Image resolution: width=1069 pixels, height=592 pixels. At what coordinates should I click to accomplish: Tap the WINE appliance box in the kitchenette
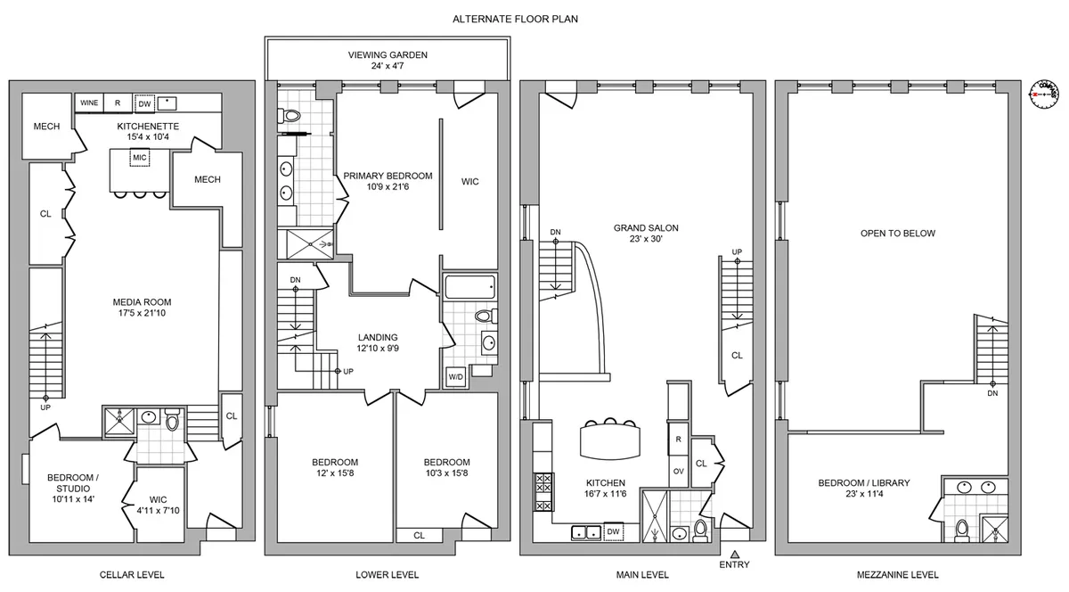(89, 103)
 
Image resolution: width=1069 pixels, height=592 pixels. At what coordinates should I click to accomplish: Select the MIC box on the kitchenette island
(138, 158)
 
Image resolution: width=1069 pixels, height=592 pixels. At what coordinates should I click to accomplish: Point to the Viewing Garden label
(388, 55)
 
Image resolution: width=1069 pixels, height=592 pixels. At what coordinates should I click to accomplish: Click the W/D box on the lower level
(455, 377)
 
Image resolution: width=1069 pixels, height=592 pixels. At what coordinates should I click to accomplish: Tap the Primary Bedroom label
(388, 176)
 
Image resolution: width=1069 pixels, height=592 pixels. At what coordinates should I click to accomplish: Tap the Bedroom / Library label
(864, 483)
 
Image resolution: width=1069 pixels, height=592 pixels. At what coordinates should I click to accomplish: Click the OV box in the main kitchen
(678, 471)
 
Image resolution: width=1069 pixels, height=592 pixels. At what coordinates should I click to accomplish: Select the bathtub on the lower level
(467, 287)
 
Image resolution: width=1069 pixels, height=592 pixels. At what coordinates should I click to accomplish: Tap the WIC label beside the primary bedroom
(469, 182)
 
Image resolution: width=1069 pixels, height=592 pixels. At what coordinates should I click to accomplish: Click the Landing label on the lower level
(378, 337)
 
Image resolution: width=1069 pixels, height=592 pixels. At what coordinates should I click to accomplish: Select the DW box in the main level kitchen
(613, 531)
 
